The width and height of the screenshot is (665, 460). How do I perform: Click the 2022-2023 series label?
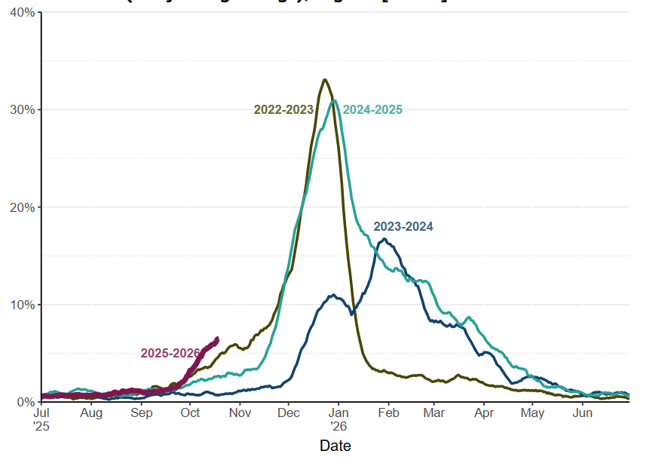(x=283, y=110)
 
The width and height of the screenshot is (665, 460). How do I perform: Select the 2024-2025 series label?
(x=372, y=110)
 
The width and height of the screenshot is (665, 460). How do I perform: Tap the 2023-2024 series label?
(x=403, y=227)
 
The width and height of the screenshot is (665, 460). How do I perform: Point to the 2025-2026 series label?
(x=170, y=354)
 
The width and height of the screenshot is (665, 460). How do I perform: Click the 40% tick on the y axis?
(x=23, y=13)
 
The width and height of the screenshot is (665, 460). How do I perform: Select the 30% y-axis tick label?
(x=23, y=110)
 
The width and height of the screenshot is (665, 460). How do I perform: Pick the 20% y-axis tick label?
(x=23, y=207)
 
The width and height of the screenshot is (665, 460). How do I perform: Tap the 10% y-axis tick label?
(x=23, y=305)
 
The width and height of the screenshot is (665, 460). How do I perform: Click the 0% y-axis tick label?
(x=26, y=402)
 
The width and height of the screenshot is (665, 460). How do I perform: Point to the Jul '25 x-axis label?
(x=42, y=419)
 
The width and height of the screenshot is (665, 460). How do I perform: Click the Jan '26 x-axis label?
(x=339, y=419)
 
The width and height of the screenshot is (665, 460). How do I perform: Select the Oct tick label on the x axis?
(x=190, y=413)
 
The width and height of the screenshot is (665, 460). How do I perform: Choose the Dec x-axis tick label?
(x=289, y=413)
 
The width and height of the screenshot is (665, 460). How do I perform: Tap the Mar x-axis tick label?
(x=434, y=413)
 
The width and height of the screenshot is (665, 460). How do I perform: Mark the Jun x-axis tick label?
(x=582, y=413)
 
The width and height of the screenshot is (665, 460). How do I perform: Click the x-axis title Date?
(x=335, y=446)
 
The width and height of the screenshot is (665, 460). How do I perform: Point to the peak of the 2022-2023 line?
(x=324, y=79)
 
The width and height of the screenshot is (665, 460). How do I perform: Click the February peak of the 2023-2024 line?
(x=385, y=239)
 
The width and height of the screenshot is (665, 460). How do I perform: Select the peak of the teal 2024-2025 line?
(x=334, y=101)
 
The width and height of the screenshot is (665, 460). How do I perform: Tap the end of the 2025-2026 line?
(x=217, y=339)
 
